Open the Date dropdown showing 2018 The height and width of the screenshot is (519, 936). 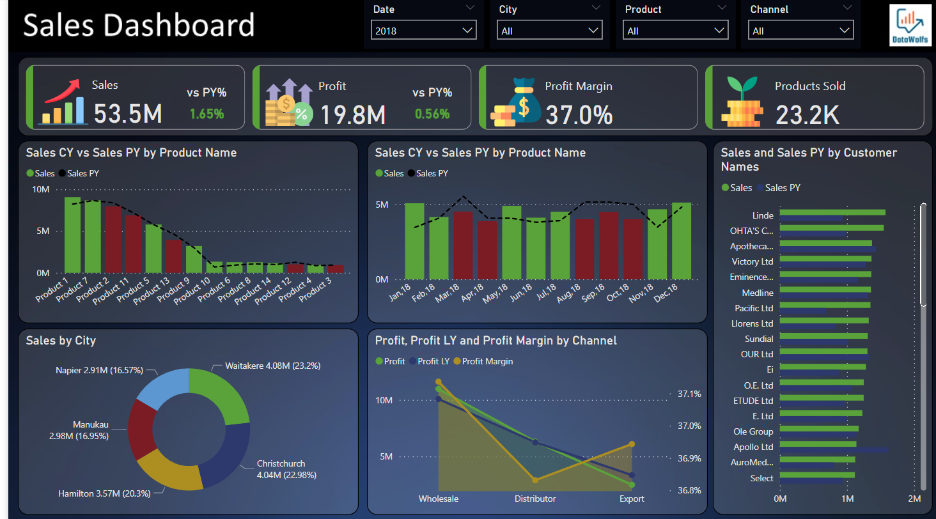423,30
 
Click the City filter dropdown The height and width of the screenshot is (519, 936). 549,30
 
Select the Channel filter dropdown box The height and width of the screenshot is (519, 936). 802,30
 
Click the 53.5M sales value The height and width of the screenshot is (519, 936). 127,114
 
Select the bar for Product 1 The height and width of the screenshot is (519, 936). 72,235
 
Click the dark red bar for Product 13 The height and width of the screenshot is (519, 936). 173,256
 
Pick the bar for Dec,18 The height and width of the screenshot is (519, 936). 682,241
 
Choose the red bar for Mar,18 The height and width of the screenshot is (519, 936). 463,246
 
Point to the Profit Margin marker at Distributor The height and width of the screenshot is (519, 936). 535,480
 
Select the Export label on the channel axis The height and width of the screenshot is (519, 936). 632,499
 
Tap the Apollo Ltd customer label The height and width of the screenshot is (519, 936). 753,447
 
